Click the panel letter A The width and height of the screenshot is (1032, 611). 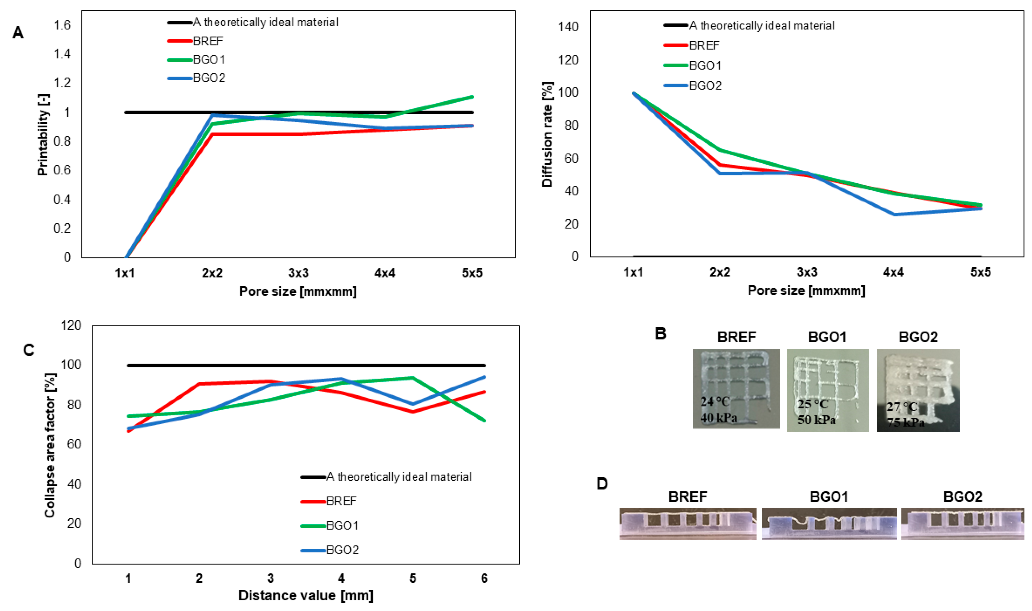click(x=18, y=33)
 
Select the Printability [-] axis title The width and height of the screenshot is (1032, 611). click(x=43, y=135)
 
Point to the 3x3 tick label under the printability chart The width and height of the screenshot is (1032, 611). click(x=298, y=273)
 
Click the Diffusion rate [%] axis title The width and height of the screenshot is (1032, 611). click(x=547, y=134)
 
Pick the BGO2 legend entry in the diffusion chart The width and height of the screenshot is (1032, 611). click(x=705, y=85)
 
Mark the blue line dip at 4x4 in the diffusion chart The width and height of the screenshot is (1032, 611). click(x=894, y=215)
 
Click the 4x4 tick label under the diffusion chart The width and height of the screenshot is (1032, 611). click(x=894, y=272)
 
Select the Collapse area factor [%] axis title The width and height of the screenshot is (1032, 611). click(x=50, y=445)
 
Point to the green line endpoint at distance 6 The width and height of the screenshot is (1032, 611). click(x=484, y=420)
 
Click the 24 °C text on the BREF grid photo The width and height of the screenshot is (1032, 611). click(x=715, y=401)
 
